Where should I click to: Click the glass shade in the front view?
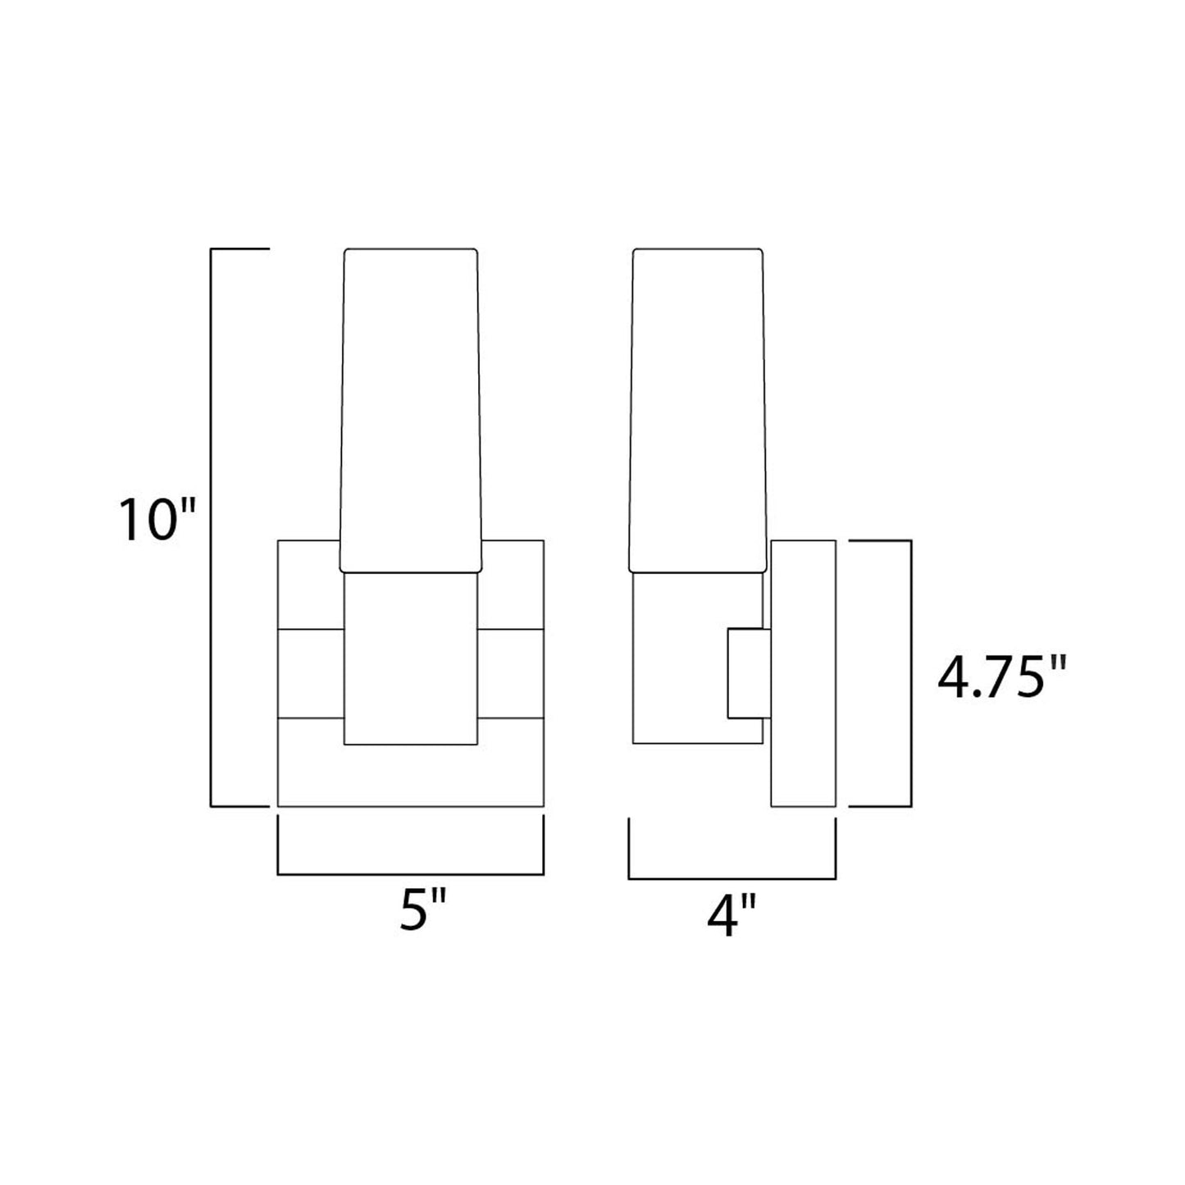[x=410, y=410]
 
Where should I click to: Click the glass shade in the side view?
[x=699, y=410]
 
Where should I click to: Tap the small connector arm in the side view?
[x=748, y=673]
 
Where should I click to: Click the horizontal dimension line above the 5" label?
[x=411, y=874]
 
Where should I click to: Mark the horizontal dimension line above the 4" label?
[x=732, y=878]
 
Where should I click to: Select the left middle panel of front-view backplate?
[x=311, y=673]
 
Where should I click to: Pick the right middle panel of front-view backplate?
[x=511, y=673]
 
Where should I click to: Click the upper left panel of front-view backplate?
[x=309, y=584]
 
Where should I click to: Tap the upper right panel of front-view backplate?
[x=512, y=584]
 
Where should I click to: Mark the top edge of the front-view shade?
[x=410, y=248]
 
